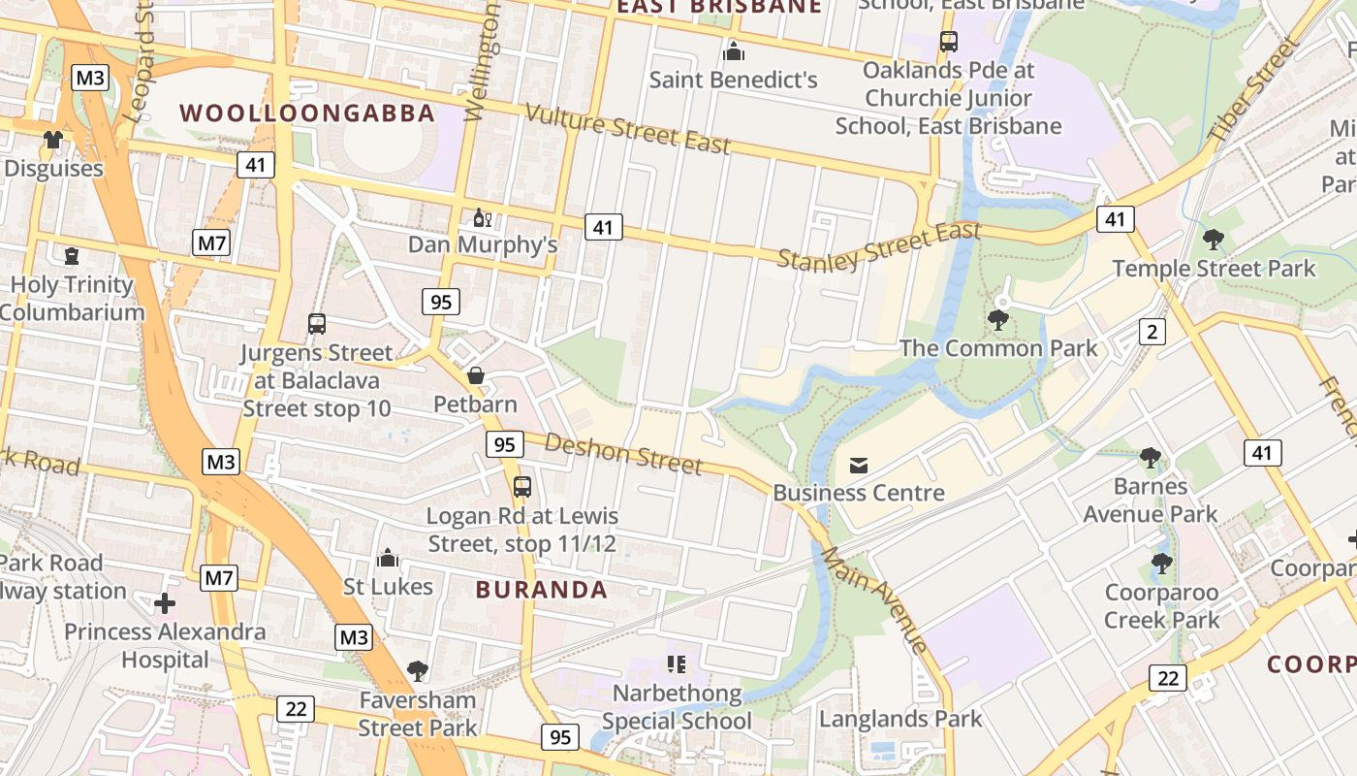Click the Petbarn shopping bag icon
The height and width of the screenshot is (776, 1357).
[x=476, y=375]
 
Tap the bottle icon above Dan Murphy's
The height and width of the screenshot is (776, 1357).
[x=482, y=217]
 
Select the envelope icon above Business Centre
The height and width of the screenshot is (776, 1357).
[x=859, y=466]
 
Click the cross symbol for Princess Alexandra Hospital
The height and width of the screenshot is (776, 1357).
[x=165, y=603]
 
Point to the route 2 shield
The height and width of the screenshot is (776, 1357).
[x=1152, y=332]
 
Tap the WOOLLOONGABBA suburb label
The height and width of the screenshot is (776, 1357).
[x=307, y=113]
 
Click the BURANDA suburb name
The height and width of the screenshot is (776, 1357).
[x=542, y=589]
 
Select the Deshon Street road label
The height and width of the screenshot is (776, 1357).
[x=623, y=454]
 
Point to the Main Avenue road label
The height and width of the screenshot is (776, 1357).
[x=874, y=599]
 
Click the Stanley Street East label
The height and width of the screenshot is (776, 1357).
[x=879, y=246]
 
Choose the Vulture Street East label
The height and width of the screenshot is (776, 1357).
[x=628, y=129]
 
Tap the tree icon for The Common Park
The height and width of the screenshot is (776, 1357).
[x=996, y=319]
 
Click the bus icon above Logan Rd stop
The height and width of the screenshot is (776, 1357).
[x=522, y=486]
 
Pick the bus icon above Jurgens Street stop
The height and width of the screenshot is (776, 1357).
[x=317, y=324]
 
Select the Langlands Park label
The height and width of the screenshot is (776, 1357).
[x=900, y=719]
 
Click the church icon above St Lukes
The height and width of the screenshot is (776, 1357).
[x=388, y=558]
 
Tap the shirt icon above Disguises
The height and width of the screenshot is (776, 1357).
[x=52, y=140]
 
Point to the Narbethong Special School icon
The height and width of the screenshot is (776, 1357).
[x=677, y=664]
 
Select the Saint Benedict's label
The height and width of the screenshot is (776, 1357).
[x=734, y=80]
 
